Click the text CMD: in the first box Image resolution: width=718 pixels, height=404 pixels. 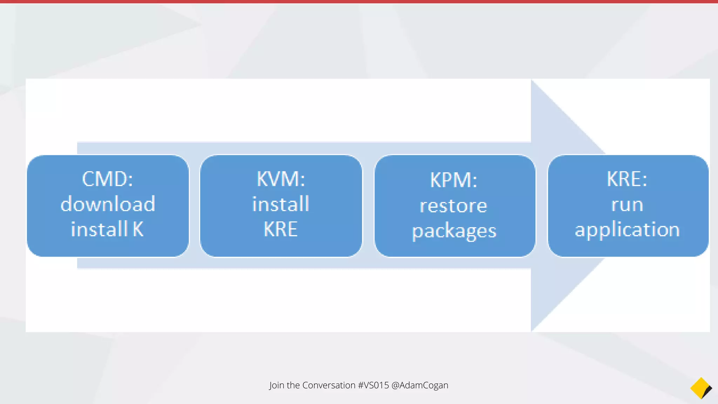(x=107, y=179)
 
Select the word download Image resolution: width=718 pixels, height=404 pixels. (x=108, y=204)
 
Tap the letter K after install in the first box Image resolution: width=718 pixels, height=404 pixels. (x=138, y=229)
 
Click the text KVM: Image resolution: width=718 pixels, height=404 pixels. (x=281, y=179)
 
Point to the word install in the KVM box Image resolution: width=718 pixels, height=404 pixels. (x=281, y=204)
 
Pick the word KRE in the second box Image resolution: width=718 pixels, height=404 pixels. (x=280, y=229)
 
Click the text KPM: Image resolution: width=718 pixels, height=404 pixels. (x=454, y=180)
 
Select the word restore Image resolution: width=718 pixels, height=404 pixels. (x=454, y=206)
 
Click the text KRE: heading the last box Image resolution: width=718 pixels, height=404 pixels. (x=627, y=179)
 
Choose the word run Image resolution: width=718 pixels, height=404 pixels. (x=627, y=204)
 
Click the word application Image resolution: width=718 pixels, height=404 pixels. (x=627, y=230)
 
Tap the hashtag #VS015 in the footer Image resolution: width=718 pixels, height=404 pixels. (x=373, y=385)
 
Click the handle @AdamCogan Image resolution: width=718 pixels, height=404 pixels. (x=420, y=385)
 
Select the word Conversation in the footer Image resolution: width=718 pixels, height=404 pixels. (x=329, y=385)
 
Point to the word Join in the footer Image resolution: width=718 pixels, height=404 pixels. (x=277, y=385)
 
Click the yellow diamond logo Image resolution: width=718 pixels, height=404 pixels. (x=699, y=388)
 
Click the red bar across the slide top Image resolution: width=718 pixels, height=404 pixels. (x=359, y=1)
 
